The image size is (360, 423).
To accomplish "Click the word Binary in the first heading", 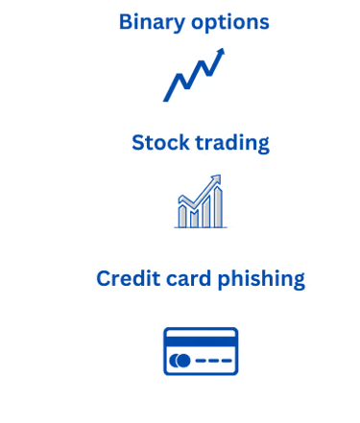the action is (152, 22).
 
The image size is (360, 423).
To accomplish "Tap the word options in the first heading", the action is (230, 23).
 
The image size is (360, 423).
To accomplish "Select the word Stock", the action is (160, 142).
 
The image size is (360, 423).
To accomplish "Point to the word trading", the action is (232, 143).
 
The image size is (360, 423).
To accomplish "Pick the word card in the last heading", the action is (188, 278).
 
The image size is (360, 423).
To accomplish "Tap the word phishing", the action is (261, 279).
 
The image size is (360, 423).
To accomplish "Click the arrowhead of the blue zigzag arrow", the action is (220, 53).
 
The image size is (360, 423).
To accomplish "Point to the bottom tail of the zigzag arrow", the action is (165, 100).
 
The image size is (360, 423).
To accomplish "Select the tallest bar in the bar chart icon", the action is (218, 207).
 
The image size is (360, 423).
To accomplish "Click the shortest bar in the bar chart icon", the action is (194, 219).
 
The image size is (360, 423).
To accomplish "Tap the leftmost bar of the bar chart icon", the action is (182, 216).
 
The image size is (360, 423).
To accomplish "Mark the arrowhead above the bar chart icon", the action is (216, 178).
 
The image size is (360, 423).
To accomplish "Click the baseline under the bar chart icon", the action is (201, 227).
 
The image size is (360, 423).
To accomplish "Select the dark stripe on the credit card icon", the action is (201, 341).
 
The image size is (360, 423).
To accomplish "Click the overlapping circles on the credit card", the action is (180, 361).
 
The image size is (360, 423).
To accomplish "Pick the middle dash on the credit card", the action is (213, 361).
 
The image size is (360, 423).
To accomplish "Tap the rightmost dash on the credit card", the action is (227, 361).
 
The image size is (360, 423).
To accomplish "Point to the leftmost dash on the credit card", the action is (201, 361).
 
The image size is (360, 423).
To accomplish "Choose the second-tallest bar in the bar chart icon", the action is (206, 212).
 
